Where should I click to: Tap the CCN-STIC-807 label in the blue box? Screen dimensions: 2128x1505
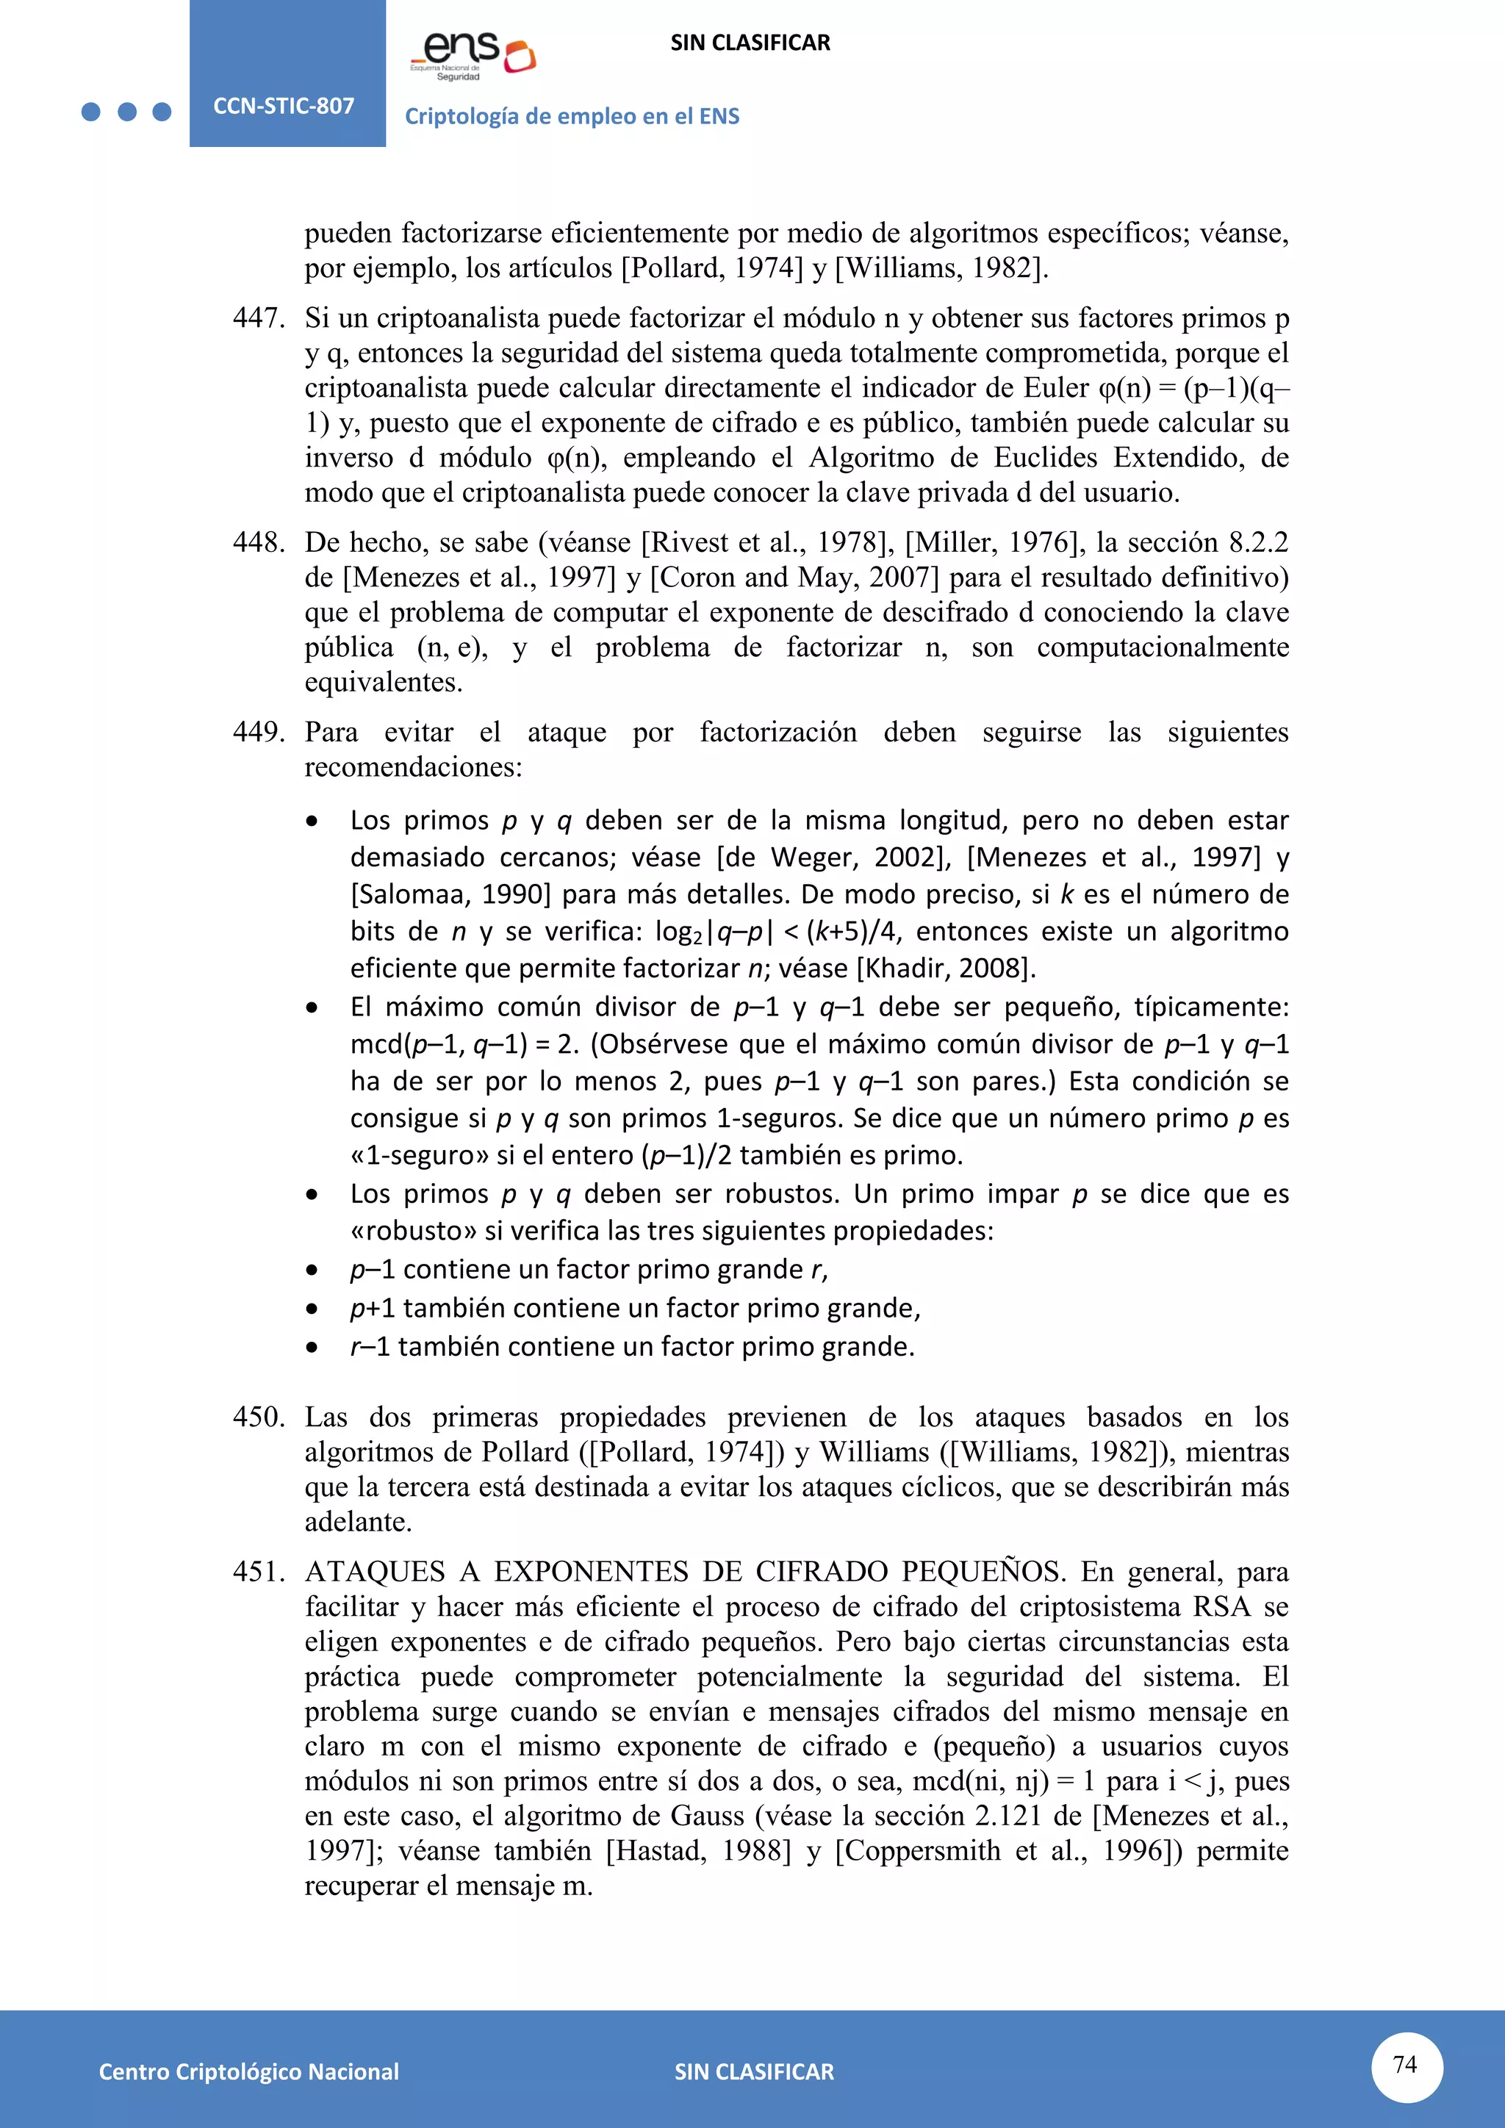pyautogui.click(x=284, y=106)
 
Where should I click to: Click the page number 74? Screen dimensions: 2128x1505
pyautogui.click(x=1405, y=2064)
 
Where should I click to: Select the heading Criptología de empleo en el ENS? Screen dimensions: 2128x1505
pyautogui.click(x=572, y=117)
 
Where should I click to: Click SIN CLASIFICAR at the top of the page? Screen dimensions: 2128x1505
pyautogui.click(x=750, y=43)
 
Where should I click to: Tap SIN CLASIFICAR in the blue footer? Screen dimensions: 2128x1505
pyautogui.click(x=753, y=2071)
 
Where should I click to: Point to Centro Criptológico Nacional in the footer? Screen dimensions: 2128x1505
pyautogui.click(x=248, y=2071)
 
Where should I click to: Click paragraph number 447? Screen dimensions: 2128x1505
pyautogui.click(x=259, y=318)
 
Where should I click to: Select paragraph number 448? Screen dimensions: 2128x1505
pyautogui.click(x=259, y=542)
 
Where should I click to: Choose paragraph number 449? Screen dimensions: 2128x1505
pyautogui.click(x=259, y=732)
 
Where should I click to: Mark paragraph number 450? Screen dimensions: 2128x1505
pyautogui.click(x=259, y=1417)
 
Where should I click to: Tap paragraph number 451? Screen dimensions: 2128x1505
pyautogui.click(x=259, y=1572)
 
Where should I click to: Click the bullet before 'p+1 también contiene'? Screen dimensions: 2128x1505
pyautogui.click(x=312, y=1309)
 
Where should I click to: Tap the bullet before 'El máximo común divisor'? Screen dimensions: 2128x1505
pyautogui.click(x=312, y=1008)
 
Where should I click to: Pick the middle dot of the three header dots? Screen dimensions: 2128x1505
pyautogui.click(x=127, y=112)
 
